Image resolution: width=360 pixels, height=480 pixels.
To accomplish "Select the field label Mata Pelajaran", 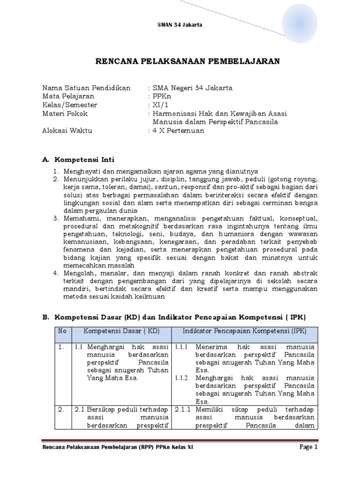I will click(68, 96).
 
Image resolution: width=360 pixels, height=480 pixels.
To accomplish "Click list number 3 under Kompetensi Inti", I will click(55, 218).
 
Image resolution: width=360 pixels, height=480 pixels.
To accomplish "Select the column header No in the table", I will click(62, 331).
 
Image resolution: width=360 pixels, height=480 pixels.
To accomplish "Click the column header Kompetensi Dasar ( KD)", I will click(122, 331).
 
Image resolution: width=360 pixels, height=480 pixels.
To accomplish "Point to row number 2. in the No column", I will click(61, 409).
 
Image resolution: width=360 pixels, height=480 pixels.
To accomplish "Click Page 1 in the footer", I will click(308, 447).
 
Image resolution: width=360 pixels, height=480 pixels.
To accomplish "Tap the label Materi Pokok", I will click(65, 113).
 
